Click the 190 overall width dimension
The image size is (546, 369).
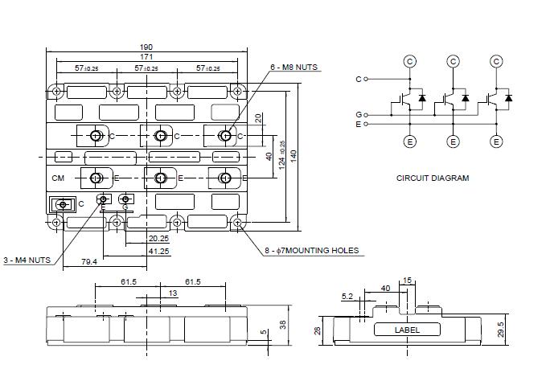[x=146, y=47]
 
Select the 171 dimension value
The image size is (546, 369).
[x=146, y=57]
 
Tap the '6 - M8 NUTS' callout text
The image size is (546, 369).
[x=294, y=68]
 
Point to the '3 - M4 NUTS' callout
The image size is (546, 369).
[x=27, y=260]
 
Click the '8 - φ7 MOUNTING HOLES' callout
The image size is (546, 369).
[x=312, y=250]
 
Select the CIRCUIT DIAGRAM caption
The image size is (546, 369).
[x=433, y=178]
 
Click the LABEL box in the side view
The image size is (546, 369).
[x=407, y=330]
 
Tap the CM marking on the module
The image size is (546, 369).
[x=58, y=178]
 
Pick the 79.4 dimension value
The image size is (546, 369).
[x=89, y=261]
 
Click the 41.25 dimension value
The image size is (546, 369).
[x=158, y=251]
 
